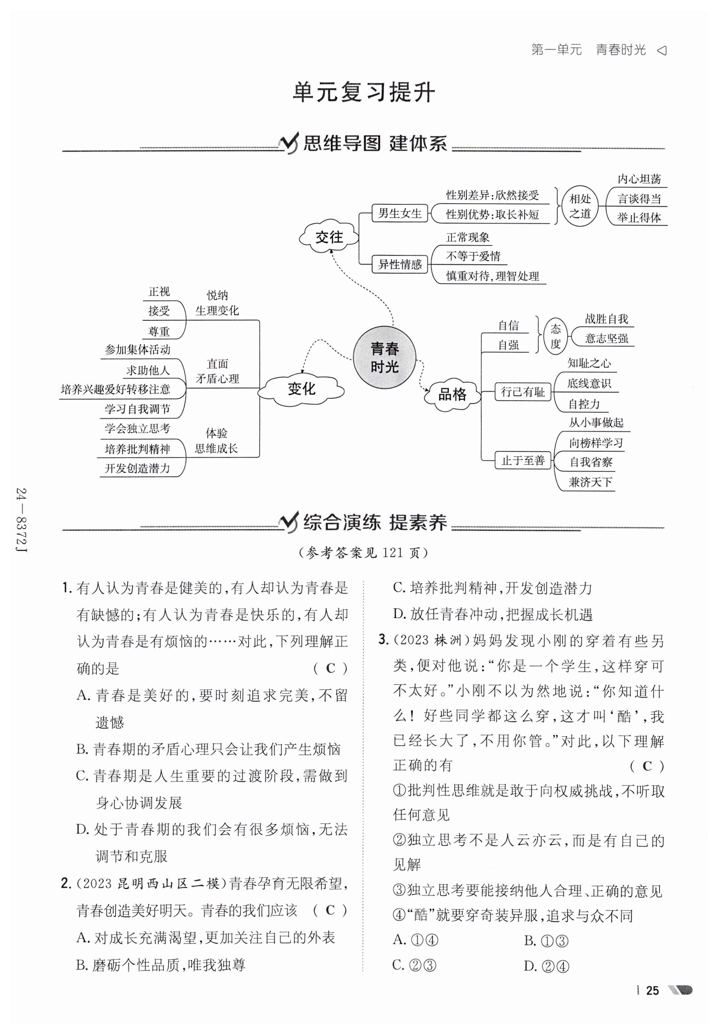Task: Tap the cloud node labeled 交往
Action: (329, 237)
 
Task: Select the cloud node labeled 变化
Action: (301, 389)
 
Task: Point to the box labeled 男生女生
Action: (400, 213)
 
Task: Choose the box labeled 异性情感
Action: (400, 264)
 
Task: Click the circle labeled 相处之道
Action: (580, 206)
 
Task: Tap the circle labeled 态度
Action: (556, 336)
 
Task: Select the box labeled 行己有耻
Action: (523, 392)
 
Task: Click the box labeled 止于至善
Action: (523, 460)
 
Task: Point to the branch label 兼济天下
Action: (590, 482)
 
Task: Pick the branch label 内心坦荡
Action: (639, 179)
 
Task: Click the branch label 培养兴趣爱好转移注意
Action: (116, 389)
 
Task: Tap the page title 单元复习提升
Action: (363, 93)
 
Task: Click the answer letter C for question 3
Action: (647, 766)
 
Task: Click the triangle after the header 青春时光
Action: (662, 50)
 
